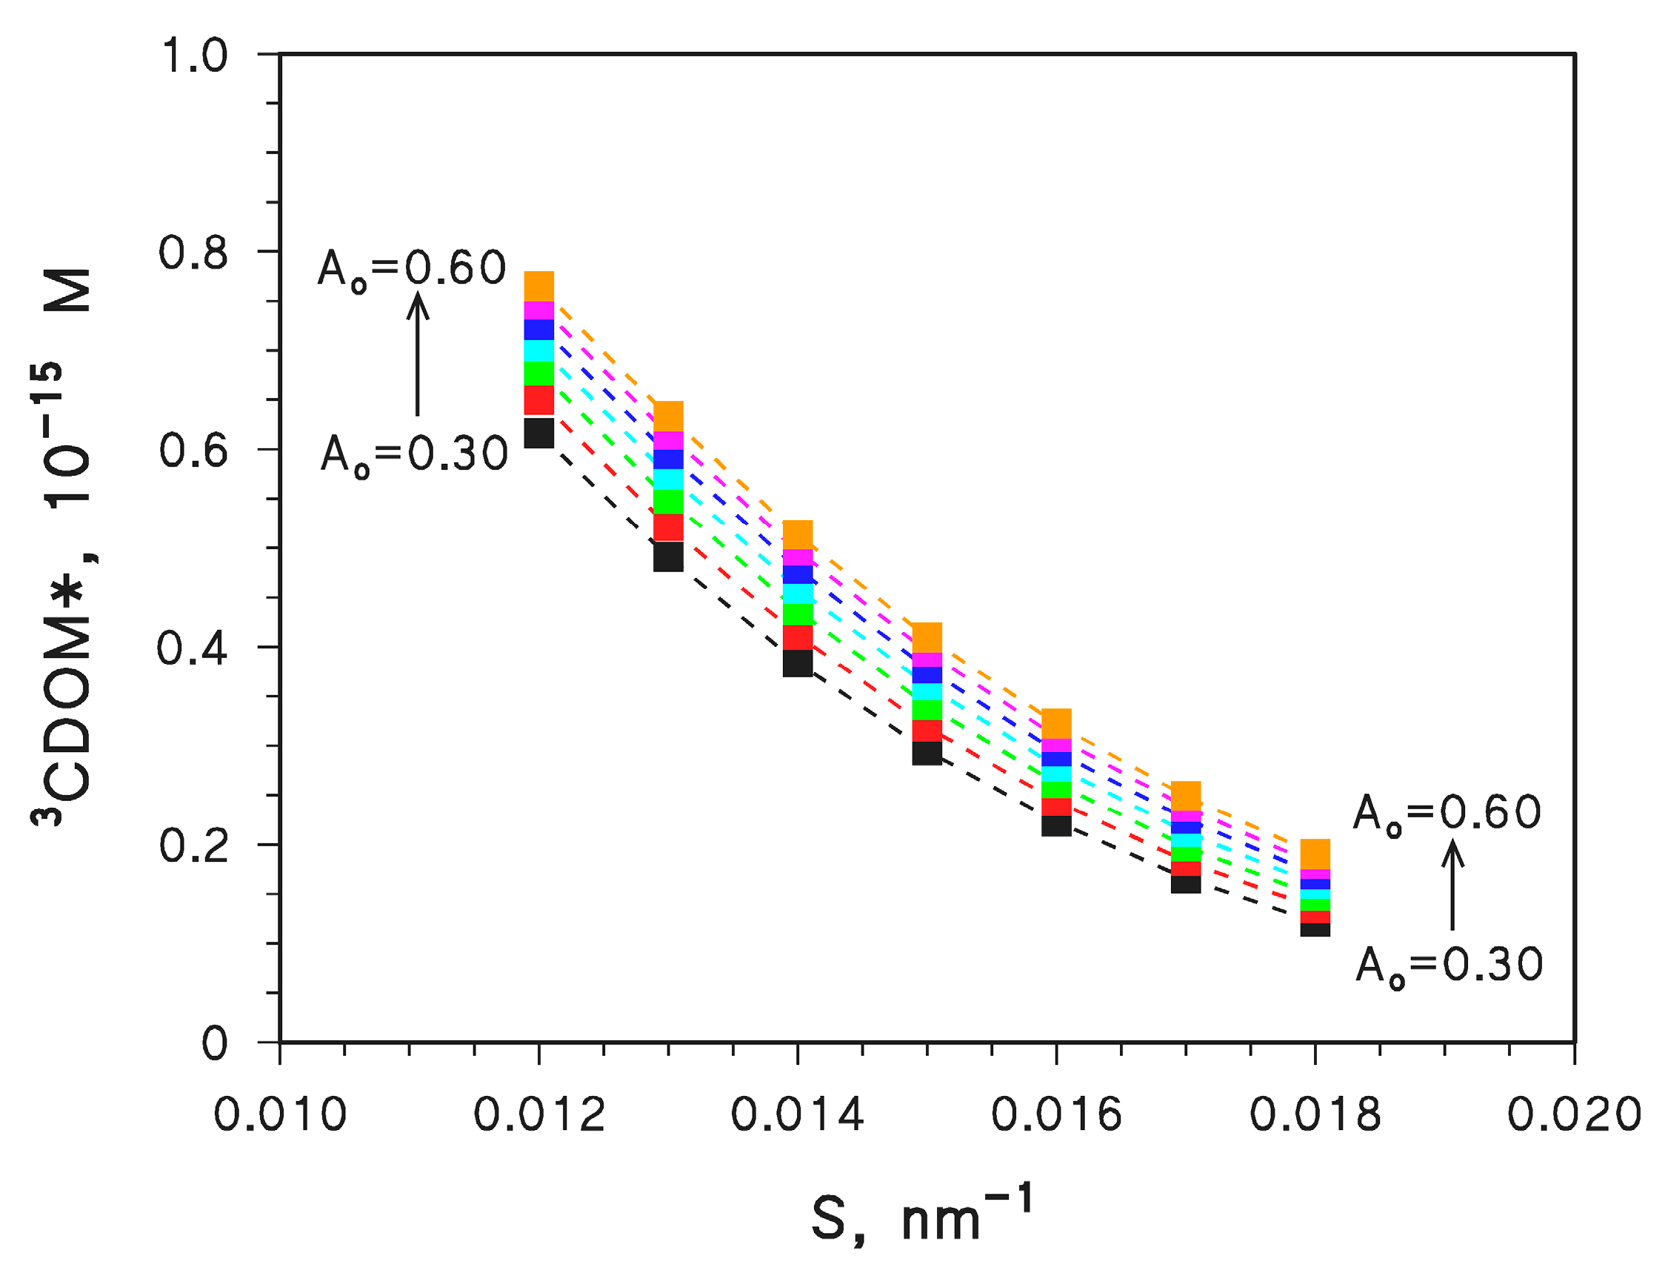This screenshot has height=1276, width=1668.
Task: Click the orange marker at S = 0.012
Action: pos(539,285)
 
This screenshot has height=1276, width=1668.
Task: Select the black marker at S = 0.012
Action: pos(539,433)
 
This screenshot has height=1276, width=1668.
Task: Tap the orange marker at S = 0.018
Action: pos(1315,853)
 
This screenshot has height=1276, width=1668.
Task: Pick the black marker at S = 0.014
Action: pos(798,663)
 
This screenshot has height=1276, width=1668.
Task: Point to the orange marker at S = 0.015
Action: pos(927,637)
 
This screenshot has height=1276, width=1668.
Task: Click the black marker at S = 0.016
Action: pos(1056,826)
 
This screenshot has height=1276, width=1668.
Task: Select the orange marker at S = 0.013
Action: pos(669,416)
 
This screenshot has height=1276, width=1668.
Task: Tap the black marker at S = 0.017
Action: pos(1186,885)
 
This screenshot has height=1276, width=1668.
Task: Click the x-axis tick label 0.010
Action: pos(279,1115)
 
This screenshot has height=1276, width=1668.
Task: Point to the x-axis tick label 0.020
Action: pos(1574,1115)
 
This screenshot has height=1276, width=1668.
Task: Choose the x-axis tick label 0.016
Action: pos(1056,1115)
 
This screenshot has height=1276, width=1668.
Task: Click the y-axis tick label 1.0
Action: pos(193,56)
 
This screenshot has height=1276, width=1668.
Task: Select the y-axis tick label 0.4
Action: pos(192,648)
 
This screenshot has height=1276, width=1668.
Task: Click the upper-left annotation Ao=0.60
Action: pos(412,269)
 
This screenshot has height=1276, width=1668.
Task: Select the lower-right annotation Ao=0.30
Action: pos(1449,966)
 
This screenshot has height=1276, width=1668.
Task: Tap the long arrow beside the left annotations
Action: pos(418,354)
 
